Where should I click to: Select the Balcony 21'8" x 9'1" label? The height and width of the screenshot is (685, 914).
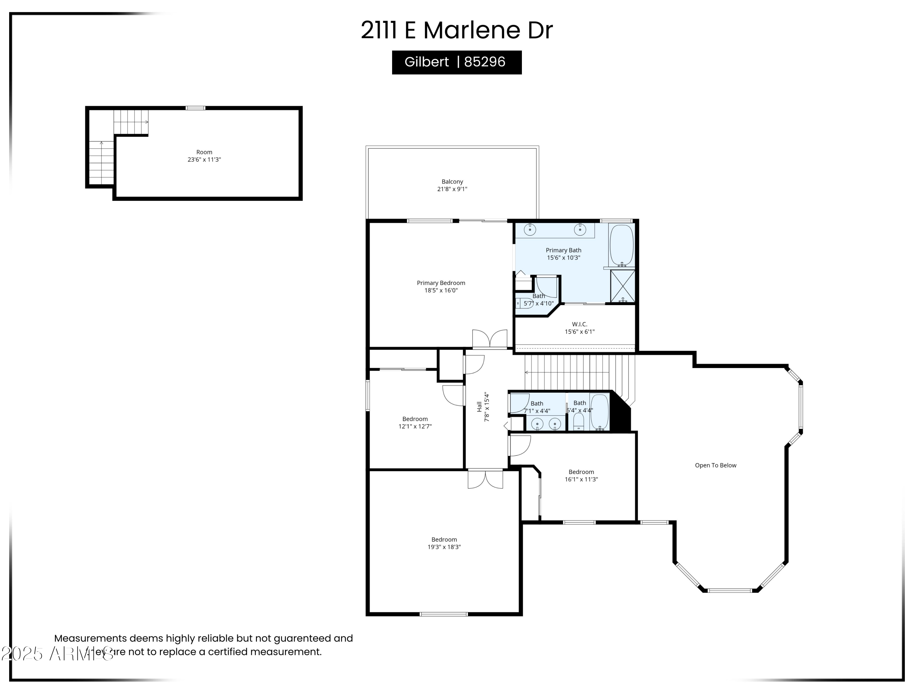452,185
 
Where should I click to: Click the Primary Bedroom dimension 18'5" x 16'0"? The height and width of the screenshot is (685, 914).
441,290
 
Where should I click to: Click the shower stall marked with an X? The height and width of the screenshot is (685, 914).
622,286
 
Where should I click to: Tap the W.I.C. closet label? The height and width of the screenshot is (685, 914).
579,324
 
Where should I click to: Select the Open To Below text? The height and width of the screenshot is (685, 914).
715,465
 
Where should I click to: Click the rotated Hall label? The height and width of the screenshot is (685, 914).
479,407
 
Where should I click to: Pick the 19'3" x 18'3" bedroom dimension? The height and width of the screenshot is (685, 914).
444,547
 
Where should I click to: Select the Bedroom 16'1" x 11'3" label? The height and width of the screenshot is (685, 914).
581,476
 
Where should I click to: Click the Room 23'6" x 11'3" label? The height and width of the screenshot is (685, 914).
204,156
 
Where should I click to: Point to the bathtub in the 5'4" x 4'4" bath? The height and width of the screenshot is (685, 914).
599,412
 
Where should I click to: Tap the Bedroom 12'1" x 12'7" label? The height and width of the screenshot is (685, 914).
415,422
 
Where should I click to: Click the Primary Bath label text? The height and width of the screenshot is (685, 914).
563,250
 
